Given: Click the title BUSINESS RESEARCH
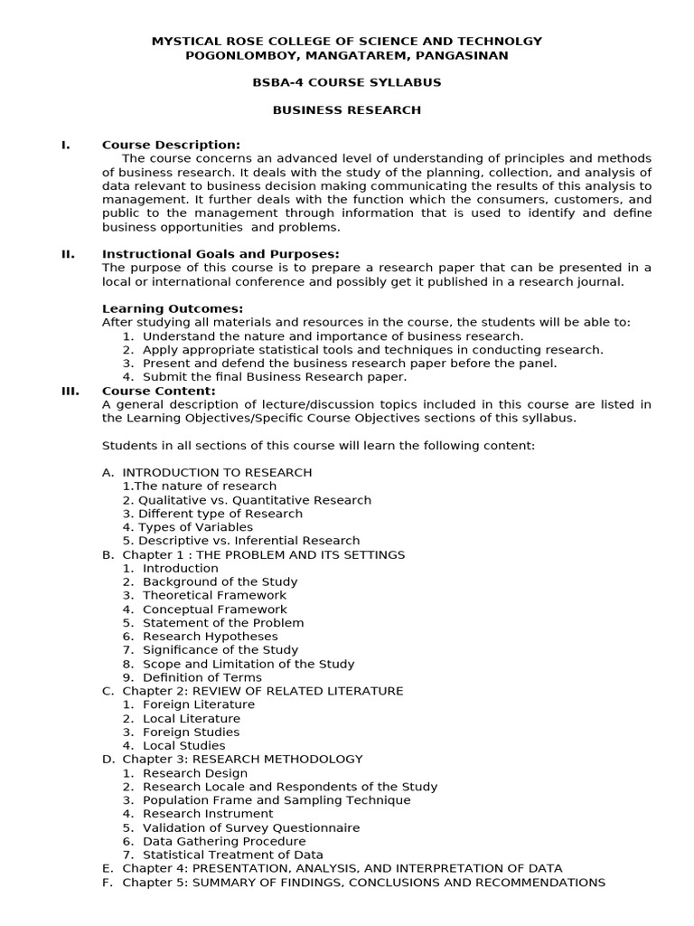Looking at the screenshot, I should (347, 110).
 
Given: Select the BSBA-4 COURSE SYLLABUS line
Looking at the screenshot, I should (347, 82).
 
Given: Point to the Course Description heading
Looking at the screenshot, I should (171, 145).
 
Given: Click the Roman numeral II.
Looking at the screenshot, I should (68, 254).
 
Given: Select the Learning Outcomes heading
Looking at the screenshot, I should (172, 308).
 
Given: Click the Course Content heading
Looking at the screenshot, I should (158, 391).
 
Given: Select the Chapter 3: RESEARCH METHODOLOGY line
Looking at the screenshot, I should (242, 760).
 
